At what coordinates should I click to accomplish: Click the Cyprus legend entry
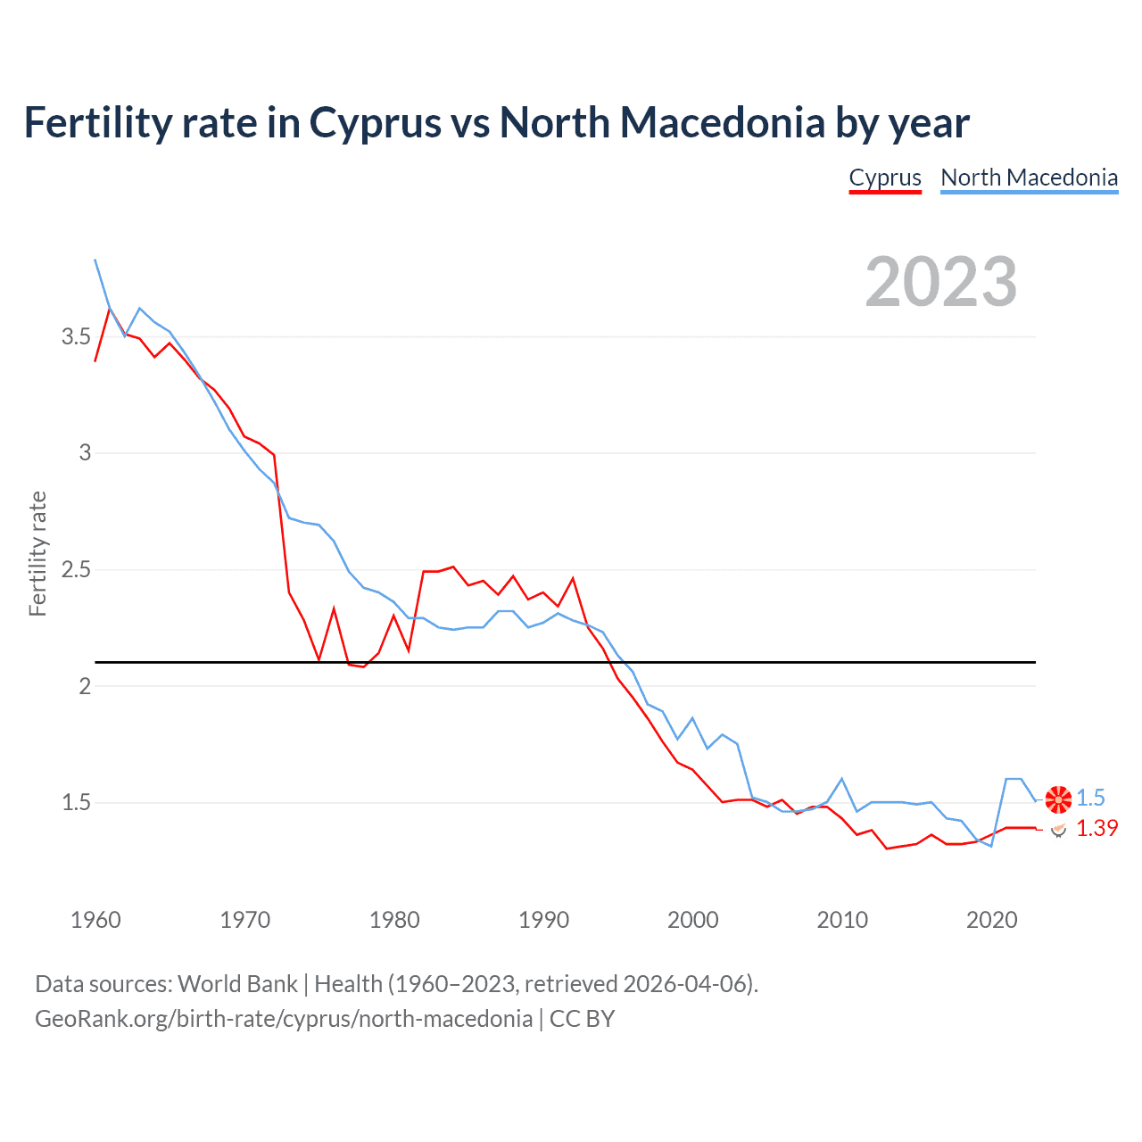click(x=884, y=178)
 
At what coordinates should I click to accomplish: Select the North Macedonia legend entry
click(x=1029, y=178)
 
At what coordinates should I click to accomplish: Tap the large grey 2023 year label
click(x=940, y=282)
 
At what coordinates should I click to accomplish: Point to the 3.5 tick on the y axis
click(x=76, y=337)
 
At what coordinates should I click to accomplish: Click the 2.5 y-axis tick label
click(x=76, y=570)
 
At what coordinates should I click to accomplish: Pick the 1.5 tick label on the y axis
click(x=76, y=803)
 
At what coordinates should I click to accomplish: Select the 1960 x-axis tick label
click(x=95, y=920)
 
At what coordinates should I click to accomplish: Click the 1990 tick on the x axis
click(x=543, y=920)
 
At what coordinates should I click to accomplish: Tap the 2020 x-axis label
click(x=991, y=920)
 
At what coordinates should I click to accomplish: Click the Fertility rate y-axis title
click(x=37, y=553)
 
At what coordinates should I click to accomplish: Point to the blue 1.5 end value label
click(x=1090, y=799)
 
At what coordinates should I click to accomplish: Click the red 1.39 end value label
click(x=1096, y=829)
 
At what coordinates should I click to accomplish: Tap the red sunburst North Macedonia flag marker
click(x=1058, y=799)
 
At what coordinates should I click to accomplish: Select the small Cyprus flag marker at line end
click(x=1058, y=830)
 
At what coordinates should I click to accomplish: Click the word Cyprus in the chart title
click(x=375, y=123)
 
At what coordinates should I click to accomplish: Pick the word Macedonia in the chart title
click(x=722, y=123)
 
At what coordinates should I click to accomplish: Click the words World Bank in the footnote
click(x=237, y=984)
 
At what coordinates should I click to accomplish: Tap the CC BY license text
click(x=582, y=1019)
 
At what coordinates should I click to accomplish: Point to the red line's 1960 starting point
click(x=95, y=360)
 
